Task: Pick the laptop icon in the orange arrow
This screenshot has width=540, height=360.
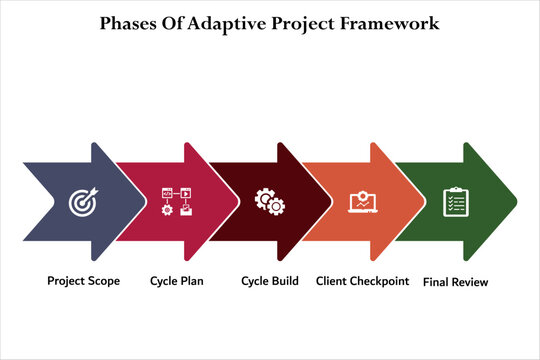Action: coord(362,202)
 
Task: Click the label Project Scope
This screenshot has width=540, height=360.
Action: coord(83,281)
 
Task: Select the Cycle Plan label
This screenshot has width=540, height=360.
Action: coord(176,281)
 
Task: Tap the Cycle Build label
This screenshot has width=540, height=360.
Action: coord(270,281)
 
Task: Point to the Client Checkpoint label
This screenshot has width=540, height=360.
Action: coord(362,281)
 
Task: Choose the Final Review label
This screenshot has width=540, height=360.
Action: coord(456,282)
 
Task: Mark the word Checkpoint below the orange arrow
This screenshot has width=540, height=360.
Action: coord(377,281)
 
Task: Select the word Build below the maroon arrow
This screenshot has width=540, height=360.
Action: coord(284,281)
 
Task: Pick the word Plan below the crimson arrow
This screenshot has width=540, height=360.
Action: coord(191,281)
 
